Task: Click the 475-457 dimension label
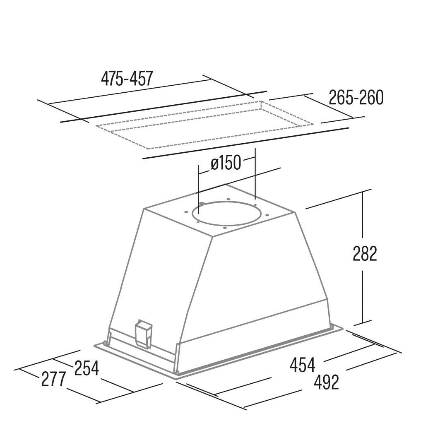click(127, 79)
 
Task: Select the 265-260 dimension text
click(356, 98)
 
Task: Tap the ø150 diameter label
click(226, 163)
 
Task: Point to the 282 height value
click(365, 254)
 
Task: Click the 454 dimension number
click(302, 365)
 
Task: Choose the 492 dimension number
click(326, 382)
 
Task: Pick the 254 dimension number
click(87, 368)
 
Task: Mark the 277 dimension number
click(53, 379)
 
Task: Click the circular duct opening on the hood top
click(227, 214)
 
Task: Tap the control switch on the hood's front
click(144, 334)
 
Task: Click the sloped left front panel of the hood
click(161, 273)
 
